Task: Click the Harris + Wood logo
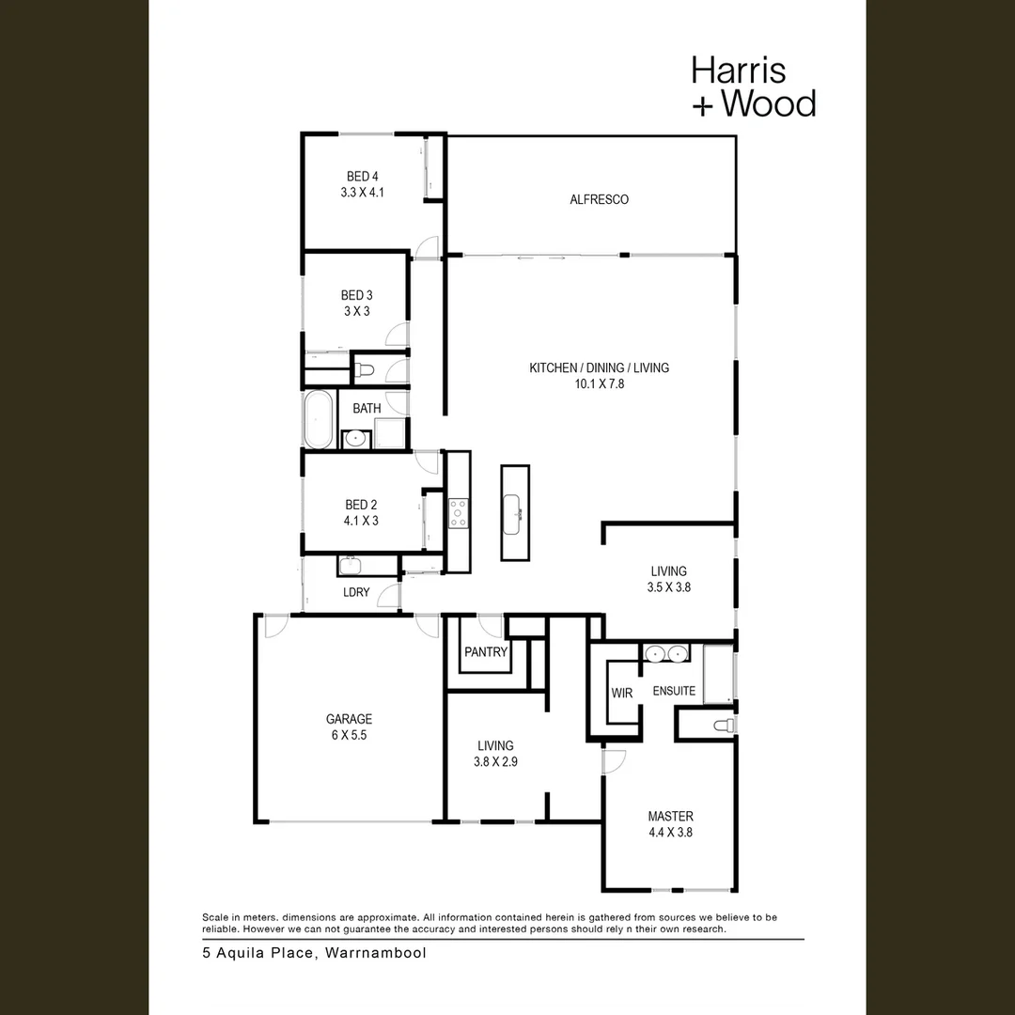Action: [x=753, y=86]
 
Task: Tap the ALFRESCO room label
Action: [x=599, y=199]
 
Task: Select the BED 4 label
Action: [x=362, y=176]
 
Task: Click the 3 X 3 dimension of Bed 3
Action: [x=355, y=311]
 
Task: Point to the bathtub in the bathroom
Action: [x=318, y=420]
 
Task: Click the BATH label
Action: [x=367, y=409]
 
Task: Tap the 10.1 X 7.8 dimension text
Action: [x=599, y=383]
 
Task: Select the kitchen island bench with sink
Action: [x=514, y=512]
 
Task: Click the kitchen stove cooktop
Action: [x=459, y=512]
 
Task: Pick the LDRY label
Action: [x=356, y=592]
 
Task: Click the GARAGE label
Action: [x=349, y=719]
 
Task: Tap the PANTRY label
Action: [x=486, y=652]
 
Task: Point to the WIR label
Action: [x=621, y=694]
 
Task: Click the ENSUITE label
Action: [x=674, y=691]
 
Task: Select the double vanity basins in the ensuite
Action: [x=666, y=653]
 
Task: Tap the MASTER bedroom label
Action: [x=670, y=816]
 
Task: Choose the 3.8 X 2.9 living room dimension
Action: [x=494, y=762]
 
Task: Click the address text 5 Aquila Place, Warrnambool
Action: [x=314, y=953]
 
